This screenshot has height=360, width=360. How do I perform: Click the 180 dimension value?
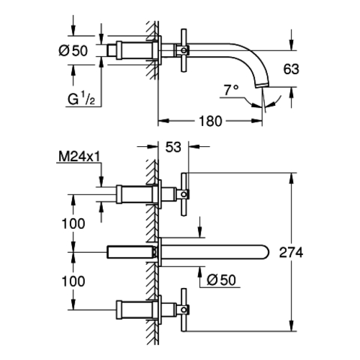pyautogui.click(x=211, y=121)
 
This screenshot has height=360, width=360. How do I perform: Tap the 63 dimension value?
pyautogui.click(x=291, y=69)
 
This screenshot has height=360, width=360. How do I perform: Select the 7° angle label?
pyautogui.click(x=231, y=89)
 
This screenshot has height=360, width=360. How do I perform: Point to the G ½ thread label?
pyautogui.click(x=81, y=99)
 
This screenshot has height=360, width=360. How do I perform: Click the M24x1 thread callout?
pyautogui.click(x=79, y=157)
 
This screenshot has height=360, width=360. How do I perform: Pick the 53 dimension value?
pyautogui.click(x=174, y=147)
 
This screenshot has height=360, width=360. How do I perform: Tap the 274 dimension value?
pyautogui.click(x=291, y=253)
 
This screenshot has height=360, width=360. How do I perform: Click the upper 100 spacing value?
pyautogui.click(x=73, y=224)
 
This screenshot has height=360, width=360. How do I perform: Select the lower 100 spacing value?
pyautogui.click(x=73, y=282)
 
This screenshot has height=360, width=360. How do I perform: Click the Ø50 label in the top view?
pyautogui.click(x=73, y=50)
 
